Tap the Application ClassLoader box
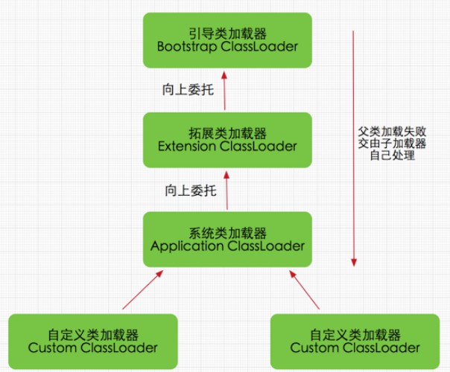(227, 240)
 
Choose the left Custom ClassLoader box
(92, 341)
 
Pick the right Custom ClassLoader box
(355, 341)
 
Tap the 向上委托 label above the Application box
(190, 190)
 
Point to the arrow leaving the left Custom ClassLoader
(139, 290)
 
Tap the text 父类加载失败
(391, 130)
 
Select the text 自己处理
(391, 157)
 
